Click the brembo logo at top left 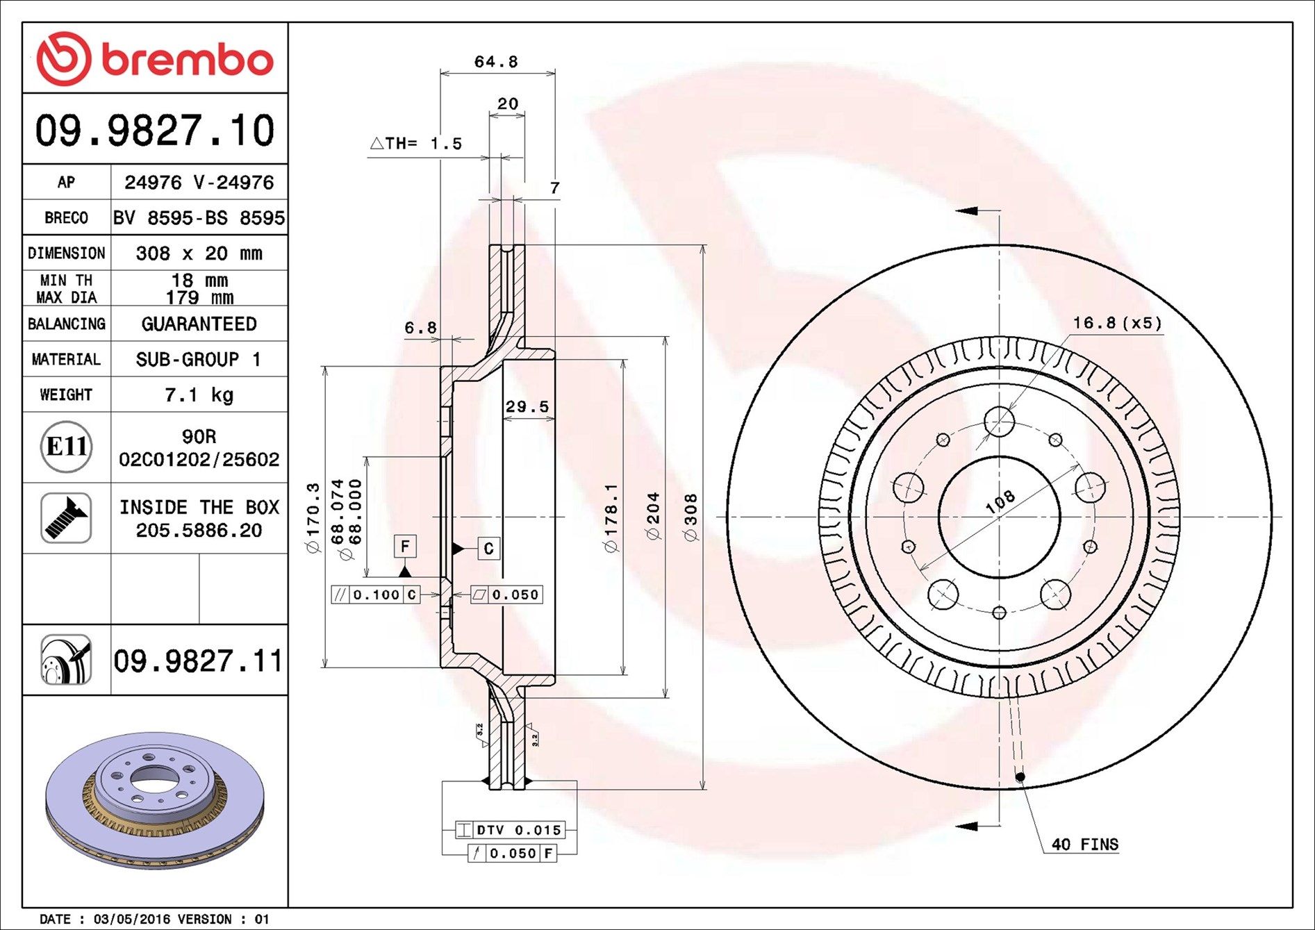pyautogui.click(x=154, y=59)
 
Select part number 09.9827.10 pyautogui.click(x=154, y=131)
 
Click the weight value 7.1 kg pyautogui.click(x=199, y=395)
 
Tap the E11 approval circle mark pyautogui.click(x=66, y=447)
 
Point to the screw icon pyautogui.click(x=66, y=518)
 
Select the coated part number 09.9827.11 pyautogui.click(x=198, y=661)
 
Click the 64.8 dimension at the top pyautogui.click(x=496, y=62)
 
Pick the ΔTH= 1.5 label pyautogui.click(x=415, y=144)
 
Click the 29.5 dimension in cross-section pyautogui.click(x=527, y=407)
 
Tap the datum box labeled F pyautogui.click(x=405, y=547)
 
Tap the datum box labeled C pyautogui.click(x=488, y=549)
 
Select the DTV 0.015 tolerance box pyautogui.click(x=511, y=830)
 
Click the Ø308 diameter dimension pyautogui.click(x=690, y=517)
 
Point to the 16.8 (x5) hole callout pyautogui.click(x=1116, y=323)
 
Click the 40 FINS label pyautogui.click(x=1084, y=845)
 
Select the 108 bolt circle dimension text pyautogui.click(x=1000, y=501)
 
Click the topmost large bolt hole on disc pyautogui.click(x=999, y=422)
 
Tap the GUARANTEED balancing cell pyautogui.click(x=199, y=324)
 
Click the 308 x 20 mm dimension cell pyautogui.click(x=199, y=254)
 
